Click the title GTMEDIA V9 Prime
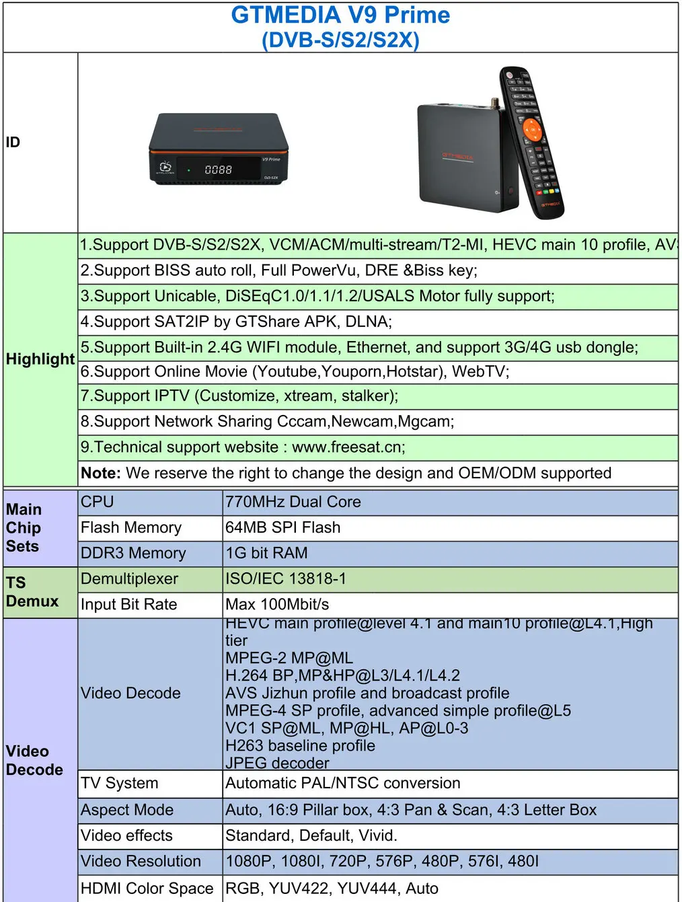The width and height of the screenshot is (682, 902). coord(340,15)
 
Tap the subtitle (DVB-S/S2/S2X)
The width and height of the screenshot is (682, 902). coord(340,40)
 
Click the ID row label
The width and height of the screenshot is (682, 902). coord(13,142)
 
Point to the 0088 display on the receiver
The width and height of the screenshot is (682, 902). coord(218,170)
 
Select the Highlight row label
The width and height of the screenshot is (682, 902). coord(40,359)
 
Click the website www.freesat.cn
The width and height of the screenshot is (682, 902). coord(348,447)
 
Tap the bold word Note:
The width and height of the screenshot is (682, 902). coord(101,473)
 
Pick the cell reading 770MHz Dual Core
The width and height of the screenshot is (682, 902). coord(293,502)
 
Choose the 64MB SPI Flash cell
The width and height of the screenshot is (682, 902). coord(283,527)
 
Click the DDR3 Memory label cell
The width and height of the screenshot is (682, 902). coord(133,553)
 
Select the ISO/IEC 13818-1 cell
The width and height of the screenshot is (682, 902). coord(286,578)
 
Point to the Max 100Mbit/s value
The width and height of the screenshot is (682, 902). coord(277,604)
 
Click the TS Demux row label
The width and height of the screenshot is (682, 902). coord(32,592)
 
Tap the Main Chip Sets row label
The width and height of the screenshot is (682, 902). coord(24,528)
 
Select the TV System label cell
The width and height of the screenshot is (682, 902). coord(120,783)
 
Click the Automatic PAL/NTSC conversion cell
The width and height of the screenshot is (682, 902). coord(343,783)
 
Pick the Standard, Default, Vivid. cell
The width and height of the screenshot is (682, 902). coord(311,835)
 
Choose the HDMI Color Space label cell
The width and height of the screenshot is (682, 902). coord(147,888)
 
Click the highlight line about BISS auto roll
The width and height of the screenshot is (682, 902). coord(279,270)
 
